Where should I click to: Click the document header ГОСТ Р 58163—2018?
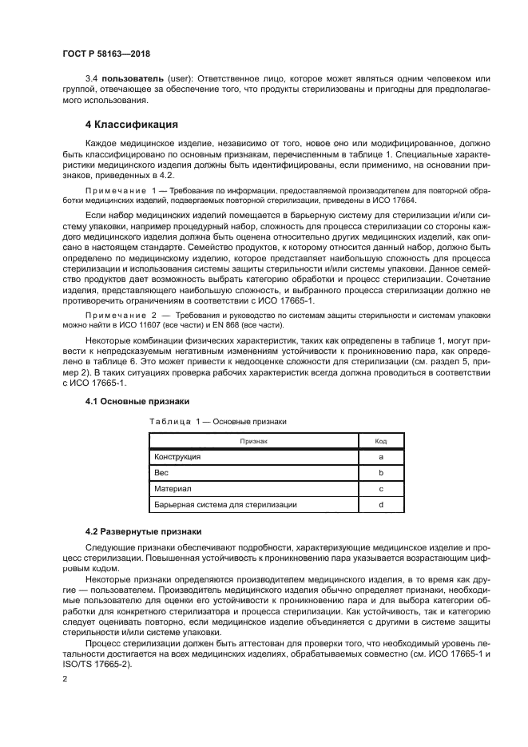[105, 54]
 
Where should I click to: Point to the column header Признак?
[252, 440]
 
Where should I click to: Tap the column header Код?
[381, 440]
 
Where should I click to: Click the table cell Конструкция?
[177, 456]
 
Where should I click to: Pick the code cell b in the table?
[381, 472]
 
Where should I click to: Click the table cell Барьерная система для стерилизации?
[225, 504]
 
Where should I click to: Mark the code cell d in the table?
[381, 504]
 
